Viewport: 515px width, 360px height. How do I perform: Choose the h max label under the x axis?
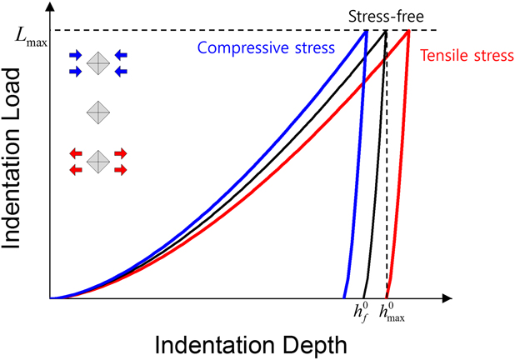392,313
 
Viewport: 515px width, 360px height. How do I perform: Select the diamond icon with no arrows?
98,110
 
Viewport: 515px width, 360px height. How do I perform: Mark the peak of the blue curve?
366,31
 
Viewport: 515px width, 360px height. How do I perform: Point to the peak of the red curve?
408,31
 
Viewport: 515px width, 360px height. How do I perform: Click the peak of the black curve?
386,31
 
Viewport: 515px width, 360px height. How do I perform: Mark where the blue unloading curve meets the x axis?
344,297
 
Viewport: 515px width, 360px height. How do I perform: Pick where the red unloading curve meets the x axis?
387,297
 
